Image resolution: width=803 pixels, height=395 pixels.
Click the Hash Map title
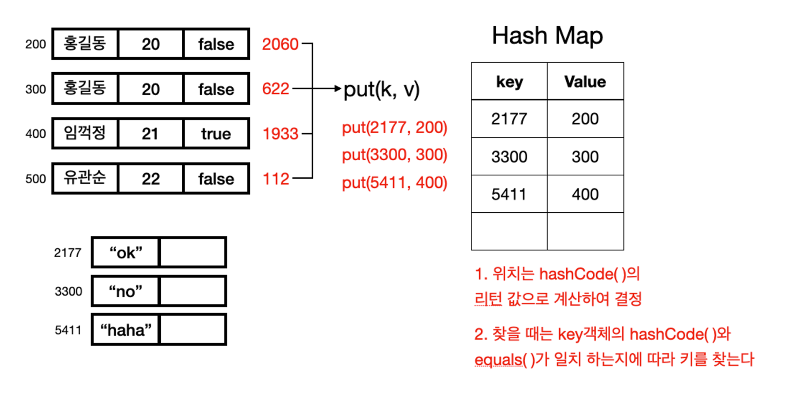547,36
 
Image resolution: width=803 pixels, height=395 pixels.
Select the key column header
509,81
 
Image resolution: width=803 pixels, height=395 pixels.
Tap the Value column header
585,81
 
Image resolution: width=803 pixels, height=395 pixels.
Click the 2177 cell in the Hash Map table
509,119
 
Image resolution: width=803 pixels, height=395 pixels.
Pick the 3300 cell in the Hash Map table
509,156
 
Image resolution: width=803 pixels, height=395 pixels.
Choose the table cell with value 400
585,194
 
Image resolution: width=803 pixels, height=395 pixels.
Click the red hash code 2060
280,44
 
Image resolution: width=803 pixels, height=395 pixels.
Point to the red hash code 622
276,89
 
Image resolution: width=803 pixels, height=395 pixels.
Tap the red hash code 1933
280,134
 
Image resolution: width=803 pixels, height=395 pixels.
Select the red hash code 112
276,179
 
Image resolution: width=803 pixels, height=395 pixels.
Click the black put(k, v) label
381,90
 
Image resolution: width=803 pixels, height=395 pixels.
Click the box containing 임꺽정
85,133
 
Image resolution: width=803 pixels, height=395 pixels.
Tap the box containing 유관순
85,179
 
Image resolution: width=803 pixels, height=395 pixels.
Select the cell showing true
216,133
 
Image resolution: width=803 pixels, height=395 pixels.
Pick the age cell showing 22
151,179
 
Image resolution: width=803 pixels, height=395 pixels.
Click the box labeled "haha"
125,330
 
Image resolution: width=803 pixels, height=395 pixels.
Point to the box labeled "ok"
125,253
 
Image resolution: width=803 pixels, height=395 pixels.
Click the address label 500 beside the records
35,179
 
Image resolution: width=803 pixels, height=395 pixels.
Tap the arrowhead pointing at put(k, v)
338,88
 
